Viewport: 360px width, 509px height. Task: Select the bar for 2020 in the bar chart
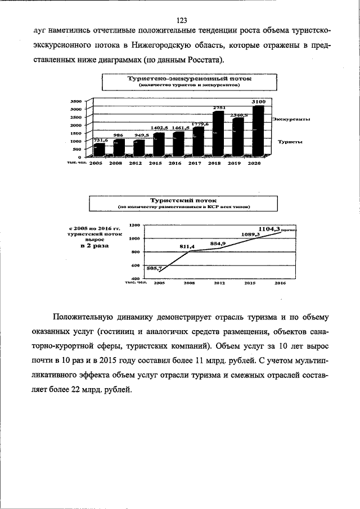click(x=257, y=130)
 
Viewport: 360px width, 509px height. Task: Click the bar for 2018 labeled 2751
click(x=218, y=133)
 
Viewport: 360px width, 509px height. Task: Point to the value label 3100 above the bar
click(x=258, y=101)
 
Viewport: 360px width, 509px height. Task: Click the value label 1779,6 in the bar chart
click(x=199, y=123)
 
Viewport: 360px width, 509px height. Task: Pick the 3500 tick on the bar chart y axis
click(x=76, y=101)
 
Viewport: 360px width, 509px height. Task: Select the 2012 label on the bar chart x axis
click(x=135, y=163)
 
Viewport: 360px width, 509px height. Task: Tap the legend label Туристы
click(x=290, y=143)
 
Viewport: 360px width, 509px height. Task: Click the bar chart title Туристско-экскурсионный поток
click(x=189, y=79)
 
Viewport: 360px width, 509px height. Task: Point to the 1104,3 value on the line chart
click(x=269, y=229)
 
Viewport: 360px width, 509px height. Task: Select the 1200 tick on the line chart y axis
click(x=134, y=225)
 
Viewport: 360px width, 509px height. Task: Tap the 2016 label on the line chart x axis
click(x=280, y=283)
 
